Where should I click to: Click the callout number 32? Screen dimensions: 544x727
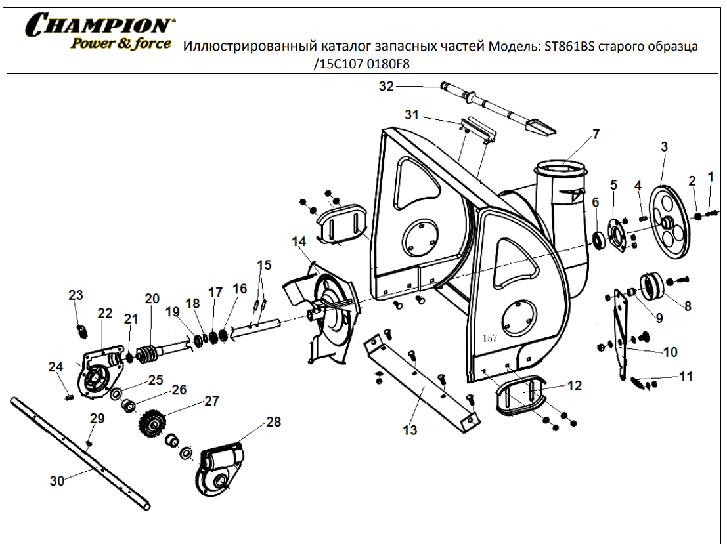(x=386, y=86)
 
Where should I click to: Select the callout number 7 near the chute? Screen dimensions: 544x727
(x=596, y=134)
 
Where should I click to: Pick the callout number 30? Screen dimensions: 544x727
(x=57, y=481)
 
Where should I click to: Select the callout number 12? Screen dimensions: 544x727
(x=574, y=386)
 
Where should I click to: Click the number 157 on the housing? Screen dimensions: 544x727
(x=489, y=339)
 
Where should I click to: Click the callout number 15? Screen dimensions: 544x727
(x=264, y=265)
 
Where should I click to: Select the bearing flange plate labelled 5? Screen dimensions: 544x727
(x=617, y=234)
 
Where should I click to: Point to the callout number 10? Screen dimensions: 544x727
(x=671, y=352)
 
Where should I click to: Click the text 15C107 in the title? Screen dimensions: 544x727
(x=341, y=64)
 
